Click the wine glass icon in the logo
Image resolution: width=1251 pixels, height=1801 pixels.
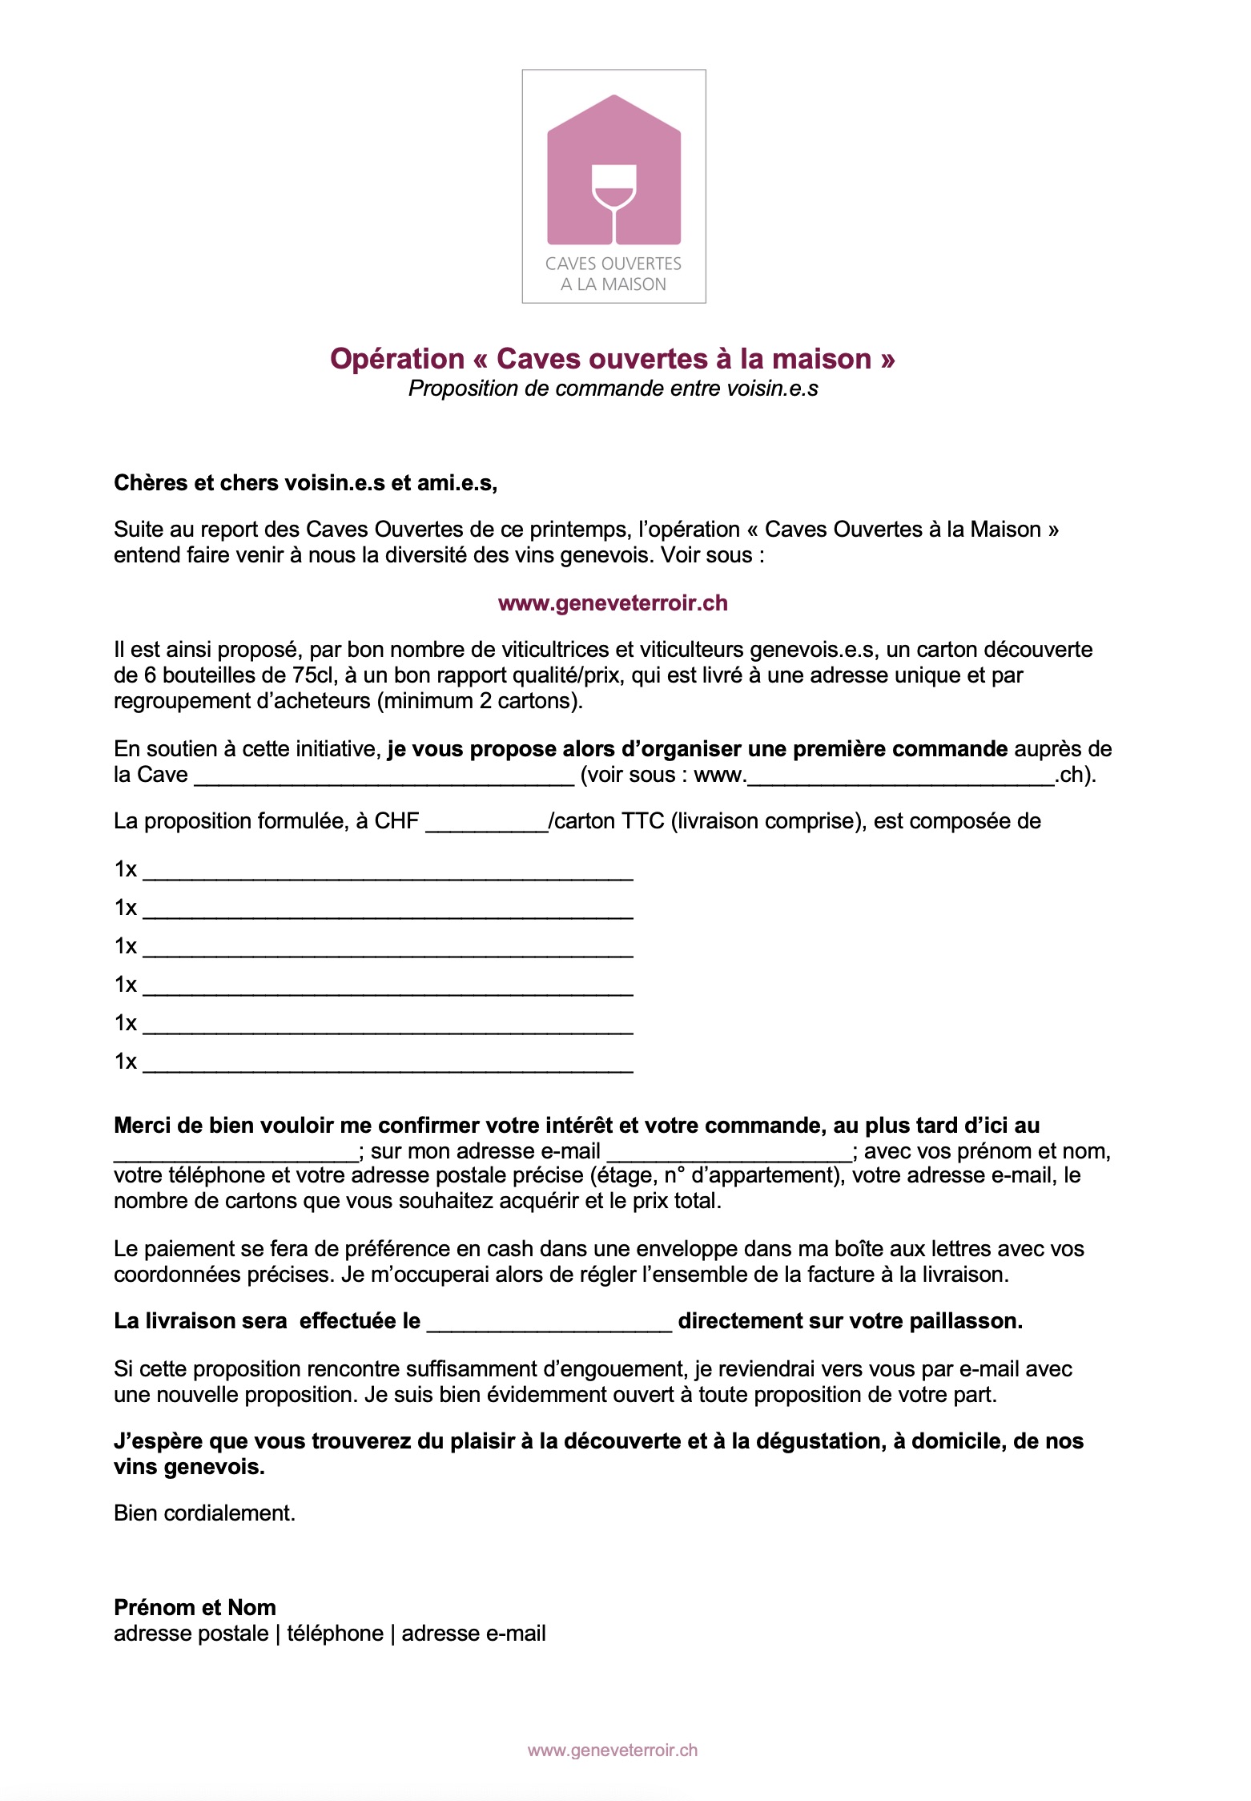(x=613, y=200)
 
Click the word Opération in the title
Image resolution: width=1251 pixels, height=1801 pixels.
(x=397, y=358)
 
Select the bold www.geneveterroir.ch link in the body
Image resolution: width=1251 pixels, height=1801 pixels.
(x=613, y=603)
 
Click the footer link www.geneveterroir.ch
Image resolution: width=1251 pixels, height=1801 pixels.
(x=613, y=1750)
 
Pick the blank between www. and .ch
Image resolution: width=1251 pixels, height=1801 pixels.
(x=900, y=776)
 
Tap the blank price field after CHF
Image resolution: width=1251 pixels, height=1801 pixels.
(x=486, y=822)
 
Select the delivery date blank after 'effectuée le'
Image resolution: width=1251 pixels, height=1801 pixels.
(x=549, y=1322)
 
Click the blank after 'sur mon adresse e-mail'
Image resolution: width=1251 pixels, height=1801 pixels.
(x=730, y=1152)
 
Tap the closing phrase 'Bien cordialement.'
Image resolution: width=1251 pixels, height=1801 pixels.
(x=205, y=1513)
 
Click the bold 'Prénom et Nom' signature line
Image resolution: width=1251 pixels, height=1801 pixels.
(x=195, y=1607)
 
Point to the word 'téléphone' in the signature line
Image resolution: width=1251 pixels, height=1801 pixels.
(x=335, y=1634)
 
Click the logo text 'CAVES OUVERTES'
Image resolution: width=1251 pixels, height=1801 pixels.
(x=613, y=264)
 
